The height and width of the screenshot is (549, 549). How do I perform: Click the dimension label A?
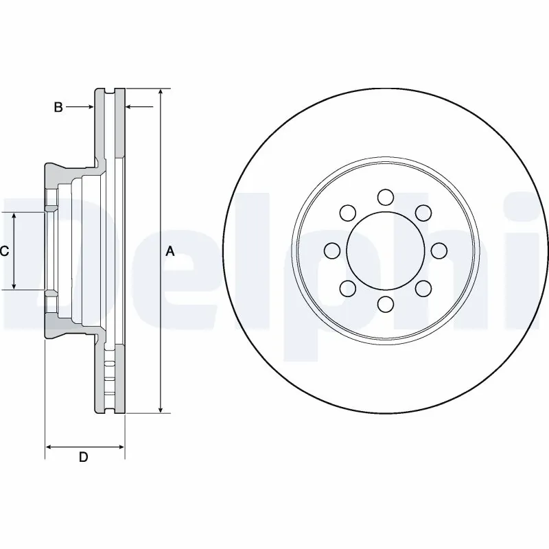point(170,252)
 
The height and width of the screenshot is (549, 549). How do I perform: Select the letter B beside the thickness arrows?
point(58,107)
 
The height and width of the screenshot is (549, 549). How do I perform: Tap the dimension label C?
point(4,252)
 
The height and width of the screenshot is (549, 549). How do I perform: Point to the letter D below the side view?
point(83,458)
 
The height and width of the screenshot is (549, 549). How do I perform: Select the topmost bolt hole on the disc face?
point(385,198)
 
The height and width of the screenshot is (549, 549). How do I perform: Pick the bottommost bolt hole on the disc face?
point(385,304)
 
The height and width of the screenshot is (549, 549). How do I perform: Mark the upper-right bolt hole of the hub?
point(423,213)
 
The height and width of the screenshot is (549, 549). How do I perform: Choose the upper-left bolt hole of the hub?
point(347,213)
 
